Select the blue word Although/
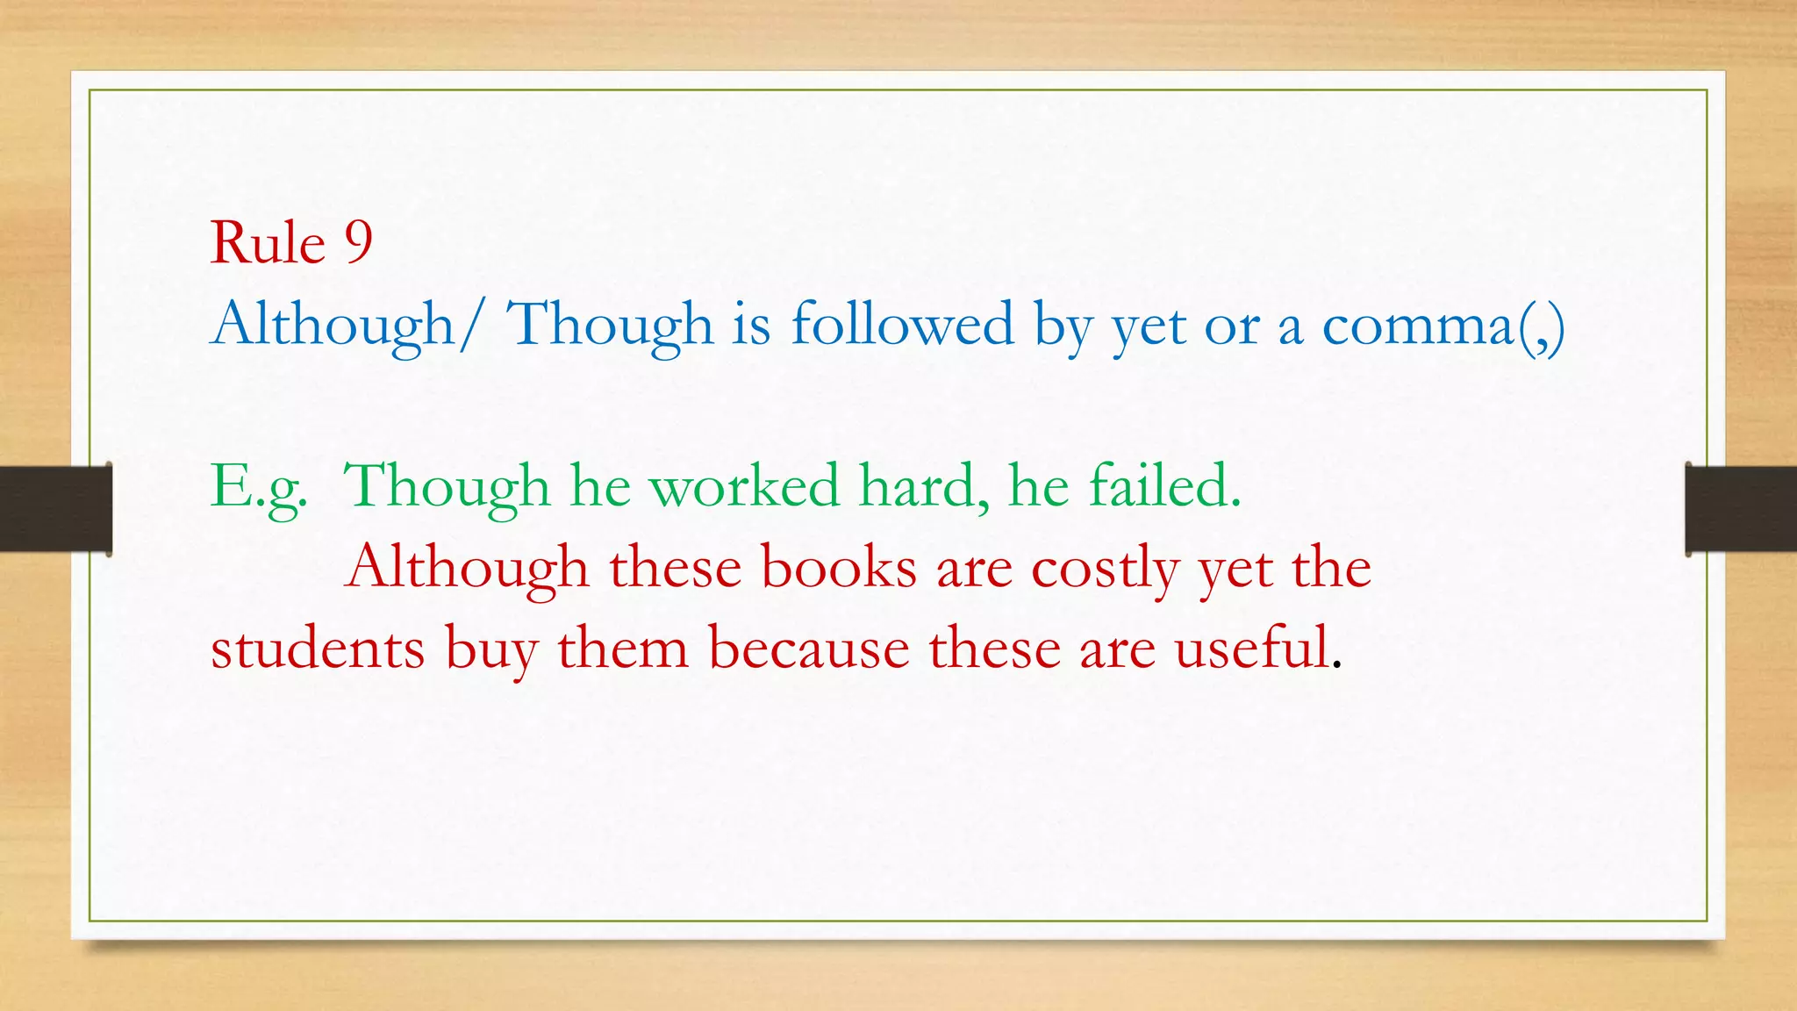pos(346,324)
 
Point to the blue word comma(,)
pos(1443,326)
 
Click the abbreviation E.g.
pos(259,487)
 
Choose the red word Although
pos(467,567)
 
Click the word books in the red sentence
pos(838,567)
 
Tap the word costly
pos(1105,569)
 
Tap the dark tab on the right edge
pos(1741,509)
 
